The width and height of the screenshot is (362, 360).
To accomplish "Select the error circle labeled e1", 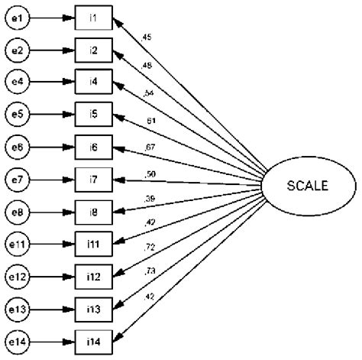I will point(18,17).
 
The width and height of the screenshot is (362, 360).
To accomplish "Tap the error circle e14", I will point(18,340).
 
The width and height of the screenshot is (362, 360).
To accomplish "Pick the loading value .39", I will point(150,199).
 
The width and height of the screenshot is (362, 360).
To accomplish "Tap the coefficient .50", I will point(150,174).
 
